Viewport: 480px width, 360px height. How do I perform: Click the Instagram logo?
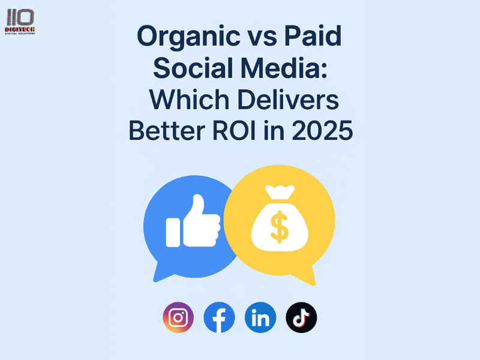pos(178,317)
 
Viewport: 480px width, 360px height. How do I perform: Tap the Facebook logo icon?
pos(219,317)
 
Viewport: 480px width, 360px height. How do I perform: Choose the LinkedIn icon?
pos(260,317)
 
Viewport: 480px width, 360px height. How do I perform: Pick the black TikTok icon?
pos(301,317)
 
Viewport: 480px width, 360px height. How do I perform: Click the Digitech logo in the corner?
pos(20,22)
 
